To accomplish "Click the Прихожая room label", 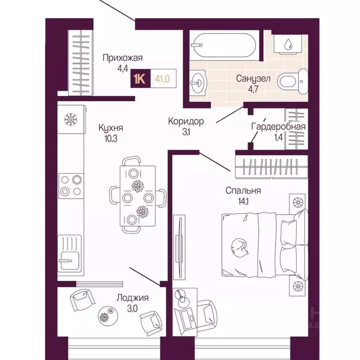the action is pos(123,58).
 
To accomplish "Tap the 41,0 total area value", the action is pos(162,79).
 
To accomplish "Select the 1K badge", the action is pos(140,79).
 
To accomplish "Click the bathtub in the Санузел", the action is pos(224,45).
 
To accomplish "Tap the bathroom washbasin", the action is pos(199,82).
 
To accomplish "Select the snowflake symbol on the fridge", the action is pos(71,120).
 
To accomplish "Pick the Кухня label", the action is pos(111,127).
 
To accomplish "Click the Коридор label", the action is pos(186,121).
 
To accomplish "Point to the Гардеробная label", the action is pos(278,126).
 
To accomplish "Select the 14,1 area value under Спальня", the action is pos(243,202).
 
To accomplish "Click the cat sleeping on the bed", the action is pos(240,247).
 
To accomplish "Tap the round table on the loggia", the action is pos(108,315).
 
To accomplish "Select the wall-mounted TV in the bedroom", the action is pos(179,247).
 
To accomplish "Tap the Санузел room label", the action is pos(253,79).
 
